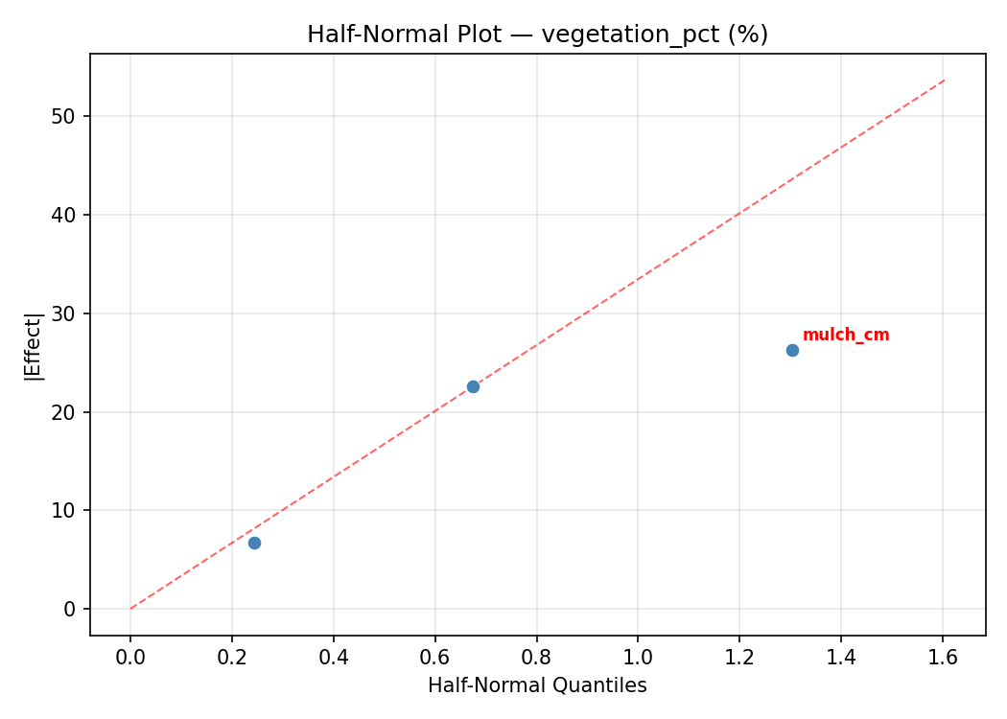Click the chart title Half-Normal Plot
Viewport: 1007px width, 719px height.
click(x=537, y=35)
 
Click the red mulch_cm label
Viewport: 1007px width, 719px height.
click(x=845, y=336)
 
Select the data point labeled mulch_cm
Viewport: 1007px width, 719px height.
click(x=792, y=350)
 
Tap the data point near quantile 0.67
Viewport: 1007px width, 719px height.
click(x=473, y=386)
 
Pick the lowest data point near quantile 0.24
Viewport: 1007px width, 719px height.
click(x=254, y=543)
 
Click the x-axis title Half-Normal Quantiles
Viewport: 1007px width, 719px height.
click(x=537, y=685)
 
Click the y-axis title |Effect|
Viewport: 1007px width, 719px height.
click(x=35, y=346)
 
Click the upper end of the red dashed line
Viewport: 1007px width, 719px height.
click(x=945, y=80)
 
